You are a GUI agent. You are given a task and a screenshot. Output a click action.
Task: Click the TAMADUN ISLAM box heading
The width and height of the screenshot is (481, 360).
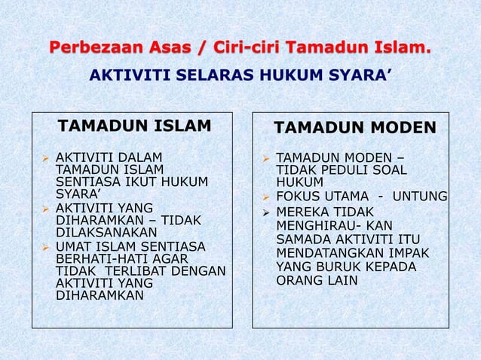click(135, 125)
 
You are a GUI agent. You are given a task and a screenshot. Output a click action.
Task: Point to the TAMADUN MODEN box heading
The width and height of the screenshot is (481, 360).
click(354, 127)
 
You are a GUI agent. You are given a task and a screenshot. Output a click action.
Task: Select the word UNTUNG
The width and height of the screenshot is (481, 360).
click(421, 197)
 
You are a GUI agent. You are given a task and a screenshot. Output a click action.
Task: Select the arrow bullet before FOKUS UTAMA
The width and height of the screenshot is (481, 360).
click(265, 197)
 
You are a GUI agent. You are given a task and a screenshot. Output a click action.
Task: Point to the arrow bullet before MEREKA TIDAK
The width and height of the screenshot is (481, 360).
click(265, 212)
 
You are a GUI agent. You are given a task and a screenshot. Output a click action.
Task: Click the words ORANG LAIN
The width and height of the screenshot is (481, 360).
click(317, 281)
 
